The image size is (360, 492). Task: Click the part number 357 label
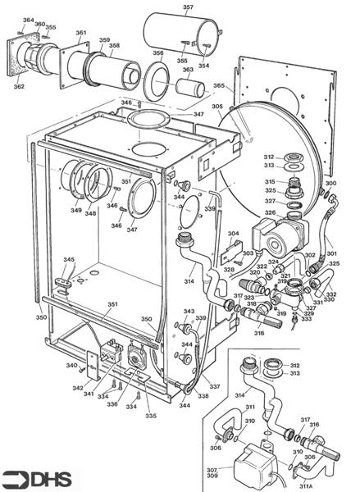[188, 8]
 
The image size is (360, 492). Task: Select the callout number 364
[28, 20]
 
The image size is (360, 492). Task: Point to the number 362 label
[19, 85]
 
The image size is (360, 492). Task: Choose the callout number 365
[219, 85]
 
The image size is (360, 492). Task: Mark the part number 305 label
[217, 106]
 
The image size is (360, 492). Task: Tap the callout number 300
[330, 184]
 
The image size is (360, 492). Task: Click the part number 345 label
[69, 260]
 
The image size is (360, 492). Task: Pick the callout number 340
[71, 366]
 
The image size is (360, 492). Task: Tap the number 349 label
[76, 211]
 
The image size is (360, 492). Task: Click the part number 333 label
[307, 318]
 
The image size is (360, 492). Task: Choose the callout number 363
[188, 70]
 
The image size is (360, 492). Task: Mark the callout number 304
[234, 234]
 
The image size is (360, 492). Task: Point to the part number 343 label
[189, 312]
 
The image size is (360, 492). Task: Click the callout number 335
[150, 416]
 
